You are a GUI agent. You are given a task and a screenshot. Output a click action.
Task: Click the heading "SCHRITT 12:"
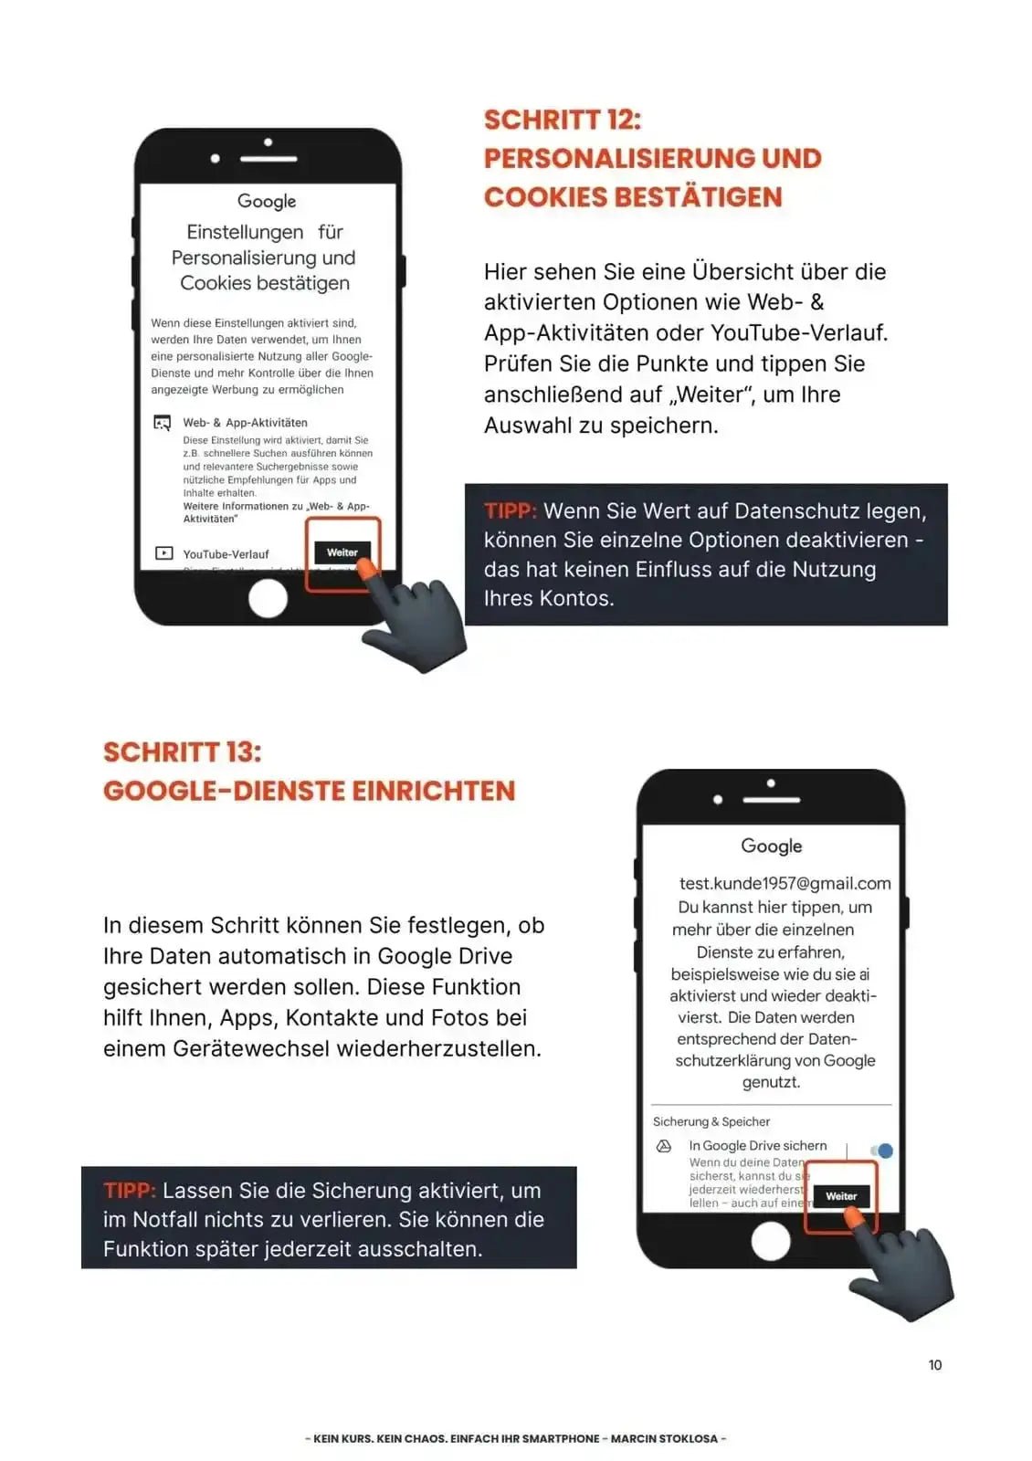(562, 120)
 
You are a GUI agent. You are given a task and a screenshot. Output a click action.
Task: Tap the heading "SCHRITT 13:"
(182, 752)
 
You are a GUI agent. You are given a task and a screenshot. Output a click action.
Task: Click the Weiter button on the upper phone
(342, 552)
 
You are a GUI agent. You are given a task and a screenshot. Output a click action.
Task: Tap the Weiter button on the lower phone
(840, 1195)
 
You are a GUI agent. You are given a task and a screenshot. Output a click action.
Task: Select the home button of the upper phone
(268, 599)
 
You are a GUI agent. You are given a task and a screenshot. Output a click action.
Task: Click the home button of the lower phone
(770, 1241)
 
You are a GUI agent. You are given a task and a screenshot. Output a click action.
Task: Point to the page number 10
(934, 1364)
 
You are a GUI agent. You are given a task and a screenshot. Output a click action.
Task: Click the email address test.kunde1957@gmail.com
(785, 883)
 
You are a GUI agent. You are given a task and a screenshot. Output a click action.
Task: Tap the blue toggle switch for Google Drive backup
(881, 1151)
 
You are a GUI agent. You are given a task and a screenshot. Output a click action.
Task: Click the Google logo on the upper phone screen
(267, 201)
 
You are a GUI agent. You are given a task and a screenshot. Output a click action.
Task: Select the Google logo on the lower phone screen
(771, 846)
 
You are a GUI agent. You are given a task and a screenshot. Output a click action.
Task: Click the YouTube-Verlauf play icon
(164, 553)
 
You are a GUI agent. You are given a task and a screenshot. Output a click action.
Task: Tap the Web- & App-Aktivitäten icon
(163, 423)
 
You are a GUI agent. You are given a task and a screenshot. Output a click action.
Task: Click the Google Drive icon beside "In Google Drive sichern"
(664, 1146)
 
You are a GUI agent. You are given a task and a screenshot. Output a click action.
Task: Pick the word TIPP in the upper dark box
(510, 510)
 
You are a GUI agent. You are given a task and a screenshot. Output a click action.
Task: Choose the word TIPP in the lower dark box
(130, 1191)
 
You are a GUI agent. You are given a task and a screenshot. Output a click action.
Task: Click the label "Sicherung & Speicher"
(711, 1121)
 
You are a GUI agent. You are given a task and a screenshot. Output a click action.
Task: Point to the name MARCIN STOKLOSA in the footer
(664, 1438)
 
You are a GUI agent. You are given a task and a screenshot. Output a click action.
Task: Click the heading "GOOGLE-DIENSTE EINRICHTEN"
(309, 791)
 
